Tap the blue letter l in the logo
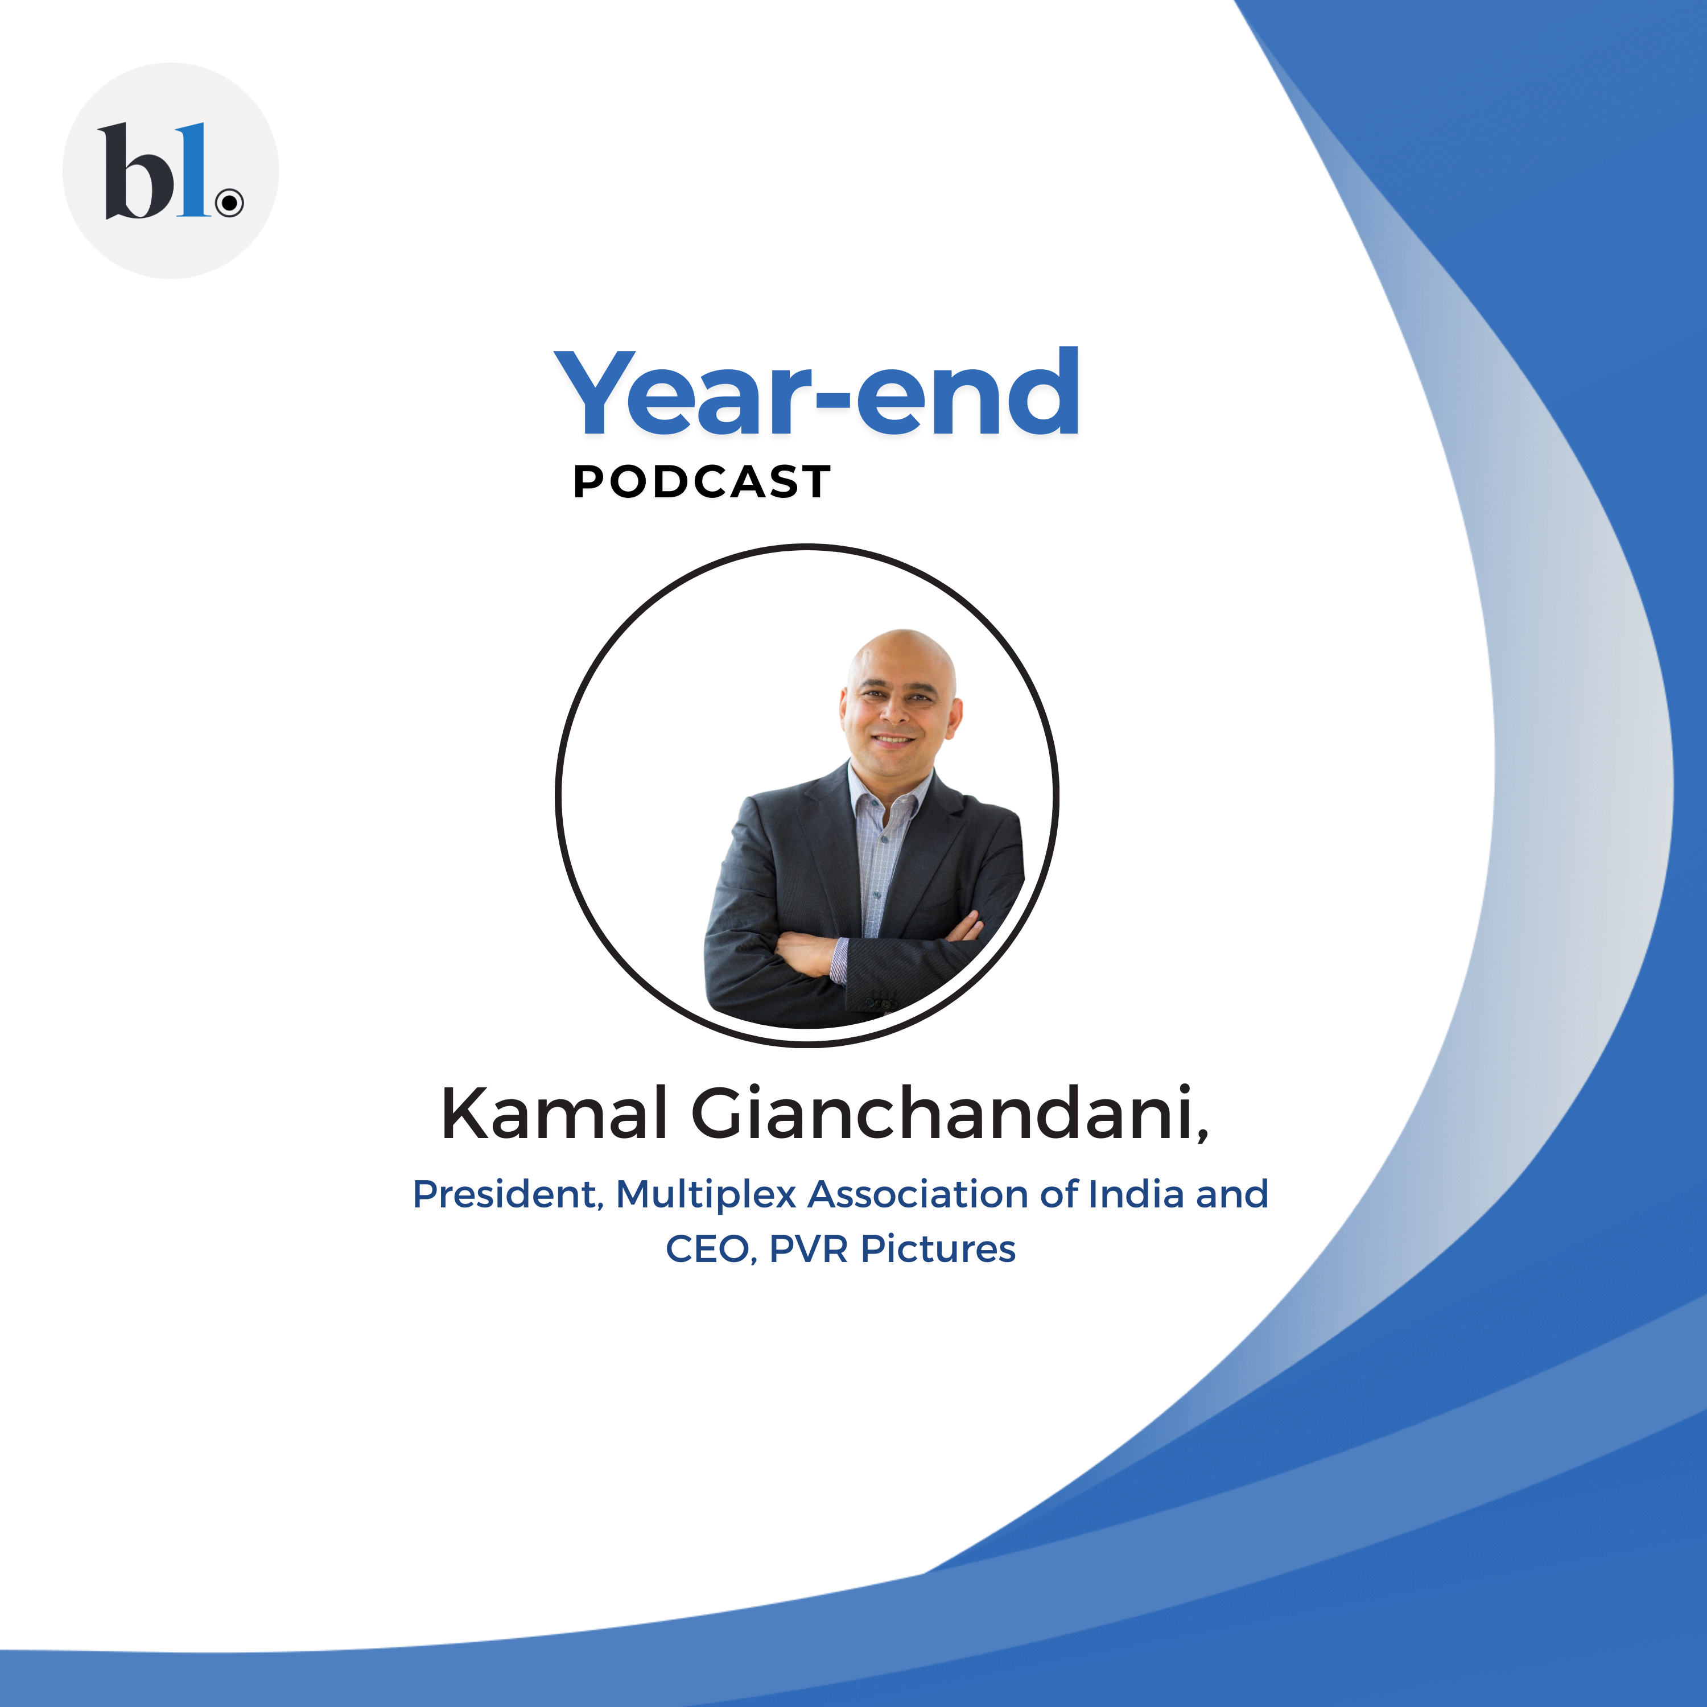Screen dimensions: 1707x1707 pyautogui.click(x=193, y=170)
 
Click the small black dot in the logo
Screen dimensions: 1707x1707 pyautogui.click(x=230, y=203)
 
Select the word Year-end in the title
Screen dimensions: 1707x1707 pyautogui.click(x=817, y=393)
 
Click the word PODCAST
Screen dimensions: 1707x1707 pyautogui.click(x=702, y=483)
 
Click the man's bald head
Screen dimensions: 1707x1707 pyautogui.click(x=902, y=654)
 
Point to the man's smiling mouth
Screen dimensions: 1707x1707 pyautogui.click(x=893, y=739)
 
